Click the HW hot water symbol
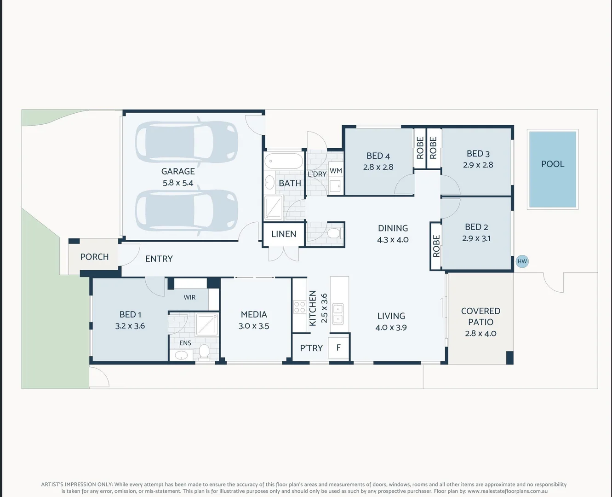522,261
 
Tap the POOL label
552,164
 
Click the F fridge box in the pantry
338,348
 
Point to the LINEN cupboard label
284,234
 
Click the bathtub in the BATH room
284,162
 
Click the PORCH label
94,257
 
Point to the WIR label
189,297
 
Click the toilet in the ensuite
204,352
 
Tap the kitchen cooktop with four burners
300,307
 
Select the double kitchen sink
338,313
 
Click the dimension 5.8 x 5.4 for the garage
178,183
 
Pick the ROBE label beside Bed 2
436,246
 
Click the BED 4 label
378,156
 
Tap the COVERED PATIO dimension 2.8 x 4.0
480,334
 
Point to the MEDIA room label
254,314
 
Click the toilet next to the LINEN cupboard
334,233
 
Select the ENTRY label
159,259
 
